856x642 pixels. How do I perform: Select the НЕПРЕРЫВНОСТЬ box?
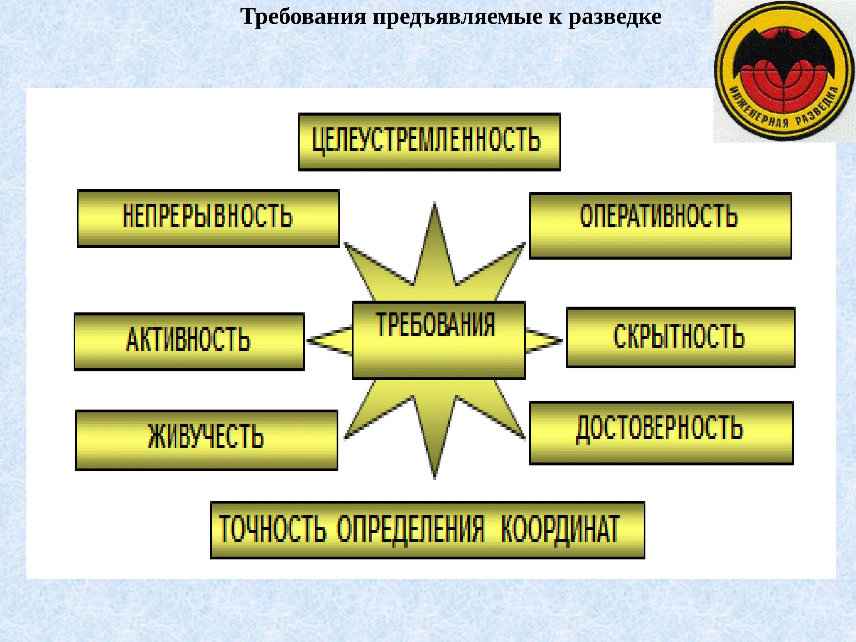208,218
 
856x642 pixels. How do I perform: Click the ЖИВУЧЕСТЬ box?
207,440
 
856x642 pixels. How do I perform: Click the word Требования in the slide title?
303,17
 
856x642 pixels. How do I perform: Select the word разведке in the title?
615,17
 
